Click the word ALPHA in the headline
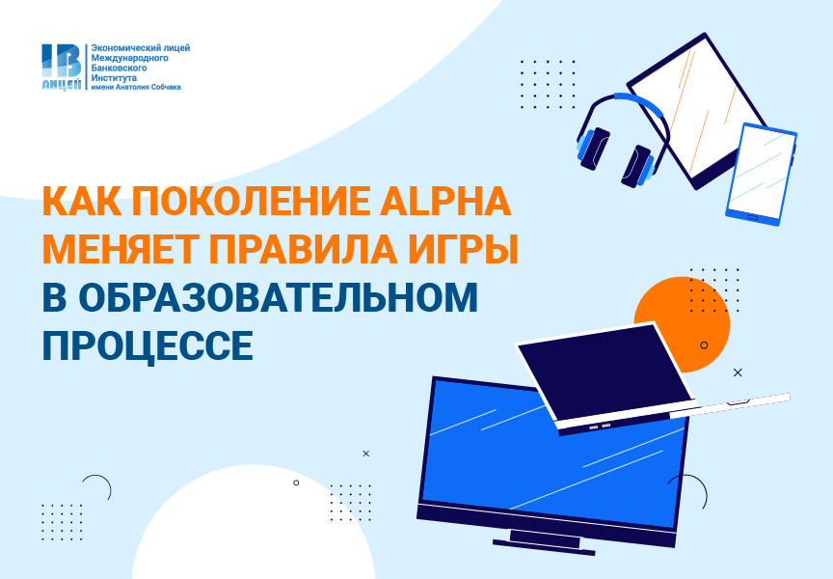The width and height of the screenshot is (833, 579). point(445,201)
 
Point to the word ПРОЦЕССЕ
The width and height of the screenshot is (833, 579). point(148,345)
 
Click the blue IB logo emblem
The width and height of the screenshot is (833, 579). point(62,67)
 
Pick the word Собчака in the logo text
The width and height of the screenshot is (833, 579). point(166,87)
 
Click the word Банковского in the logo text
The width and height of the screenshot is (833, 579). point(119,69)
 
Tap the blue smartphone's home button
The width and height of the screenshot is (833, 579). point(753,216)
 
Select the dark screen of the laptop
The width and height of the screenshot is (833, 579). point(605,372)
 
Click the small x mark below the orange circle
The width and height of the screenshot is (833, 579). point(738,372)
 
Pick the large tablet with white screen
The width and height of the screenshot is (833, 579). point(697,111)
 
